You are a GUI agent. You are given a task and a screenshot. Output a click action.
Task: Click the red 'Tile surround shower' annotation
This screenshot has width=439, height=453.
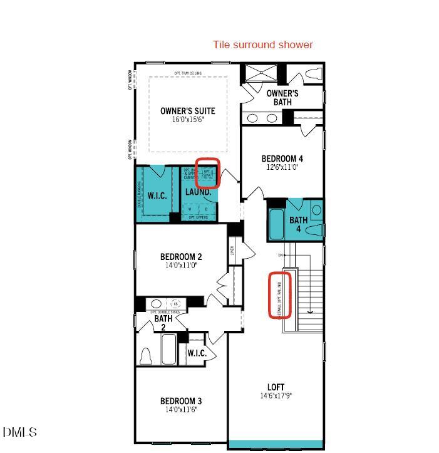point(262,44)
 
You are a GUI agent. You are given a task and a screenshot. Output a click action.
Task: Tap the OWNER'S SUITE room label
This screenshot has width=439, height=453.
point(187,111)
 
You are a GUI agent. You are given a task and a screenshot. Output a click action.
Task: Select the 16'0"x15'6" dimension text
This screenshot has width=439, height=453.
point(188,120)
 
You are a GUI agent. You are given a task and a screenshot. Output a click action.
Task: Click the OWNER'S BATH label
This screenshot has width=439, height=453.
point(282,98)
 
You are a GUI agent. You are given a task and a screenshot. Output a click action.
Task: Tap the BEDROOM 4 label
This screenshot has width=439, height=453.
point(282,159)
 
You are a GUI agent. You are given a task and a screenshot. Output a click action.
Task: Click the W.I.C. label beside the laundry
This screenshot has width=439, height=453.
point(157,195)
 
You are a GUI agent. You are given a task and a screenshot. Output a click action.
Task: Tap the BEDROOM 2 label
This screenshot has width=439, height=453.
point(180,256)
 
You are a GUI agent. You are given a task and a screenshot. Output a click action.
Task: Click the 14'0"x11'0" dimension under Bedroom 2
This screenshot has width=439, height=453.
point(180,265)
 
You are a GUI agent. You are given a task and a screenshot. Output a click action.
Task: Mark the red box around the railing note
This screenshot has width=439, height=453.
point(280,294)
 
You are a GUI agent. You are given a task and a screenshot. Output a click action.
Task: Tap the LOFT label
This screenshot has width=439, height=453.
point(276,387)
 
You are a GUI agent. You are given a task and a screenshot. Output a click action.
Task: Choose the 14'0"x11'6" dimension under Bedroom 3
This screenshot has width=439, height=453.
point(180,410)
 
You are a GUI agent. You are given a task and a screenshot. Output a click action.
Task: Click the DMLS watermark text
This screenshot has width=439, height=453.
point(19,432)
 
